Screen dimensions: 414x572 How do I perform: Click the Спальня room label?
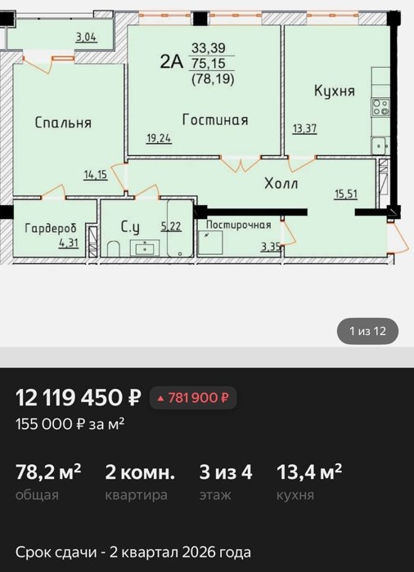63,123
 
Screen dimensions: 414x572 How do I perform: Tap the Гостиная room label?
215,119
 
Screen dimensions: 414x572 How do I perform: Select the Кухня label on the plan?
335,91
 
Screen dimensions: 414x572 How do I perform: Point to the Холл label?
281,183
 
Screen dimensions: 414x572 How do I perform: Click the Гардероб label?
51,228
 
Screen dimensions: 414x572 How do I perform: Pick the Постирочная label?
239,225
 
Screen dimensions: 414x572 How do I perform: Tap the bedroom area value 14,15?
96,175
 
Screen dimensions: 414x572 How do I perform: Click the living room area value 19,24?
159,139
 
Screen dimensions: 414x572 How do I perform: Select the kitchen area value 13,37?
304,129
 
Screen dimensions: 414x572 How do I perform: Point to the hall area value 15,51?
346,194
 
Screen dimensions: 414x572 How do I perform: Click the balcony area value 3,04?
86,38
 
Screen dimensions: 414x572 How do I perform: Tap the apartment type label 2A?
171,61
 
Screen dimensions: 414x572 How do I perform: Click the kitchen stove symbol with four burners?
380,108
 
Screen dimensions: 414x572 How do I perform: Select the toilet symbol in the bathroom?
113,248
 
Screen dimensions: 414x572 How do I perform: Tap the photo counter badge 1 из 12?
367,331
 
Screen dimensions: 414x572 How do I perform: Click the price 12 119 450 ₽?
79,397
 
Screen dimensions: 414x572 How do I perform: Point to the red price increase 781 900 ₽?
193,398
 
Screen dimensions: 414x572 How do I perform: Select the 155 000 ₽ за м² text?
70,424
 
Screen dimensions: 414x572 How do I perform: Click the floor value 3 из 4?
226,472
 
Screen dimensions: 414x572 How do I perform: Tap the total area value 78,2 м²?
48,472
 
